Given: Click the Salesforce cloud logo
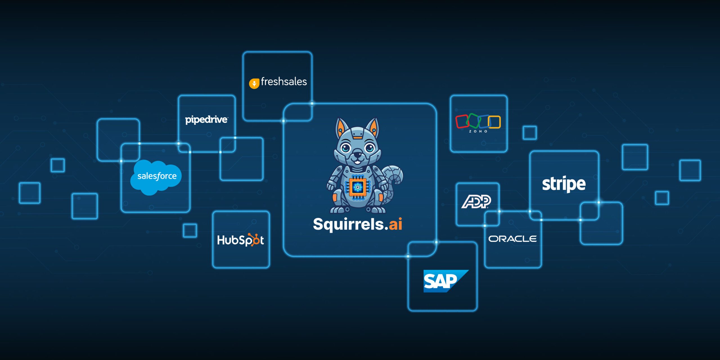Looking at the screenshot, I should click(156, 177).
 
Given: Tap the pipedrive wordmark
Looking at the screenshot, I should click(206, 120).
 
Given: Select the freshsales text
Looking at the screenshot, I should click(284, 82).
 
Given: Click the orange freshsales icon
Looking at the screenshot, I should click(254, 83).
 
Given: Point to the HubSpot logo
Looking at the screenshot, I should click(240, 240).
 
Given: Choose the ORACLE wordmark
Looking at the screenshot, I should click(512, 239).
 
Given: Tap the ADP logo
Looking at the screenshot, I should click(476, 201).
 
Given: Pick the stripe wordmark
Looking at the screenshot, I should click(564, 184).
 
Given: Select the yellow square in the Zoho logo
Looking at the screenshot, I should click(494, 122).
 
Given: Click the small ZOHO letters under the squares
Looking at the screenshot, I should click(478, 131).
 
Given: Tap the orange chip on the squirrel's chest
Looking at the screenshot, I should click(358, 187).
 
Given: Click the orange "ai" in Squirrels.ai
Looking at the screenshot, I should click(395, 224).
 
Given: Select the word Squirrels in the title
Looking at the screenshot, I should click(348, 224).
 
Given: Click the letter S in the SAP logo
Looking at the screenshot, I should click(430, 282).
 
